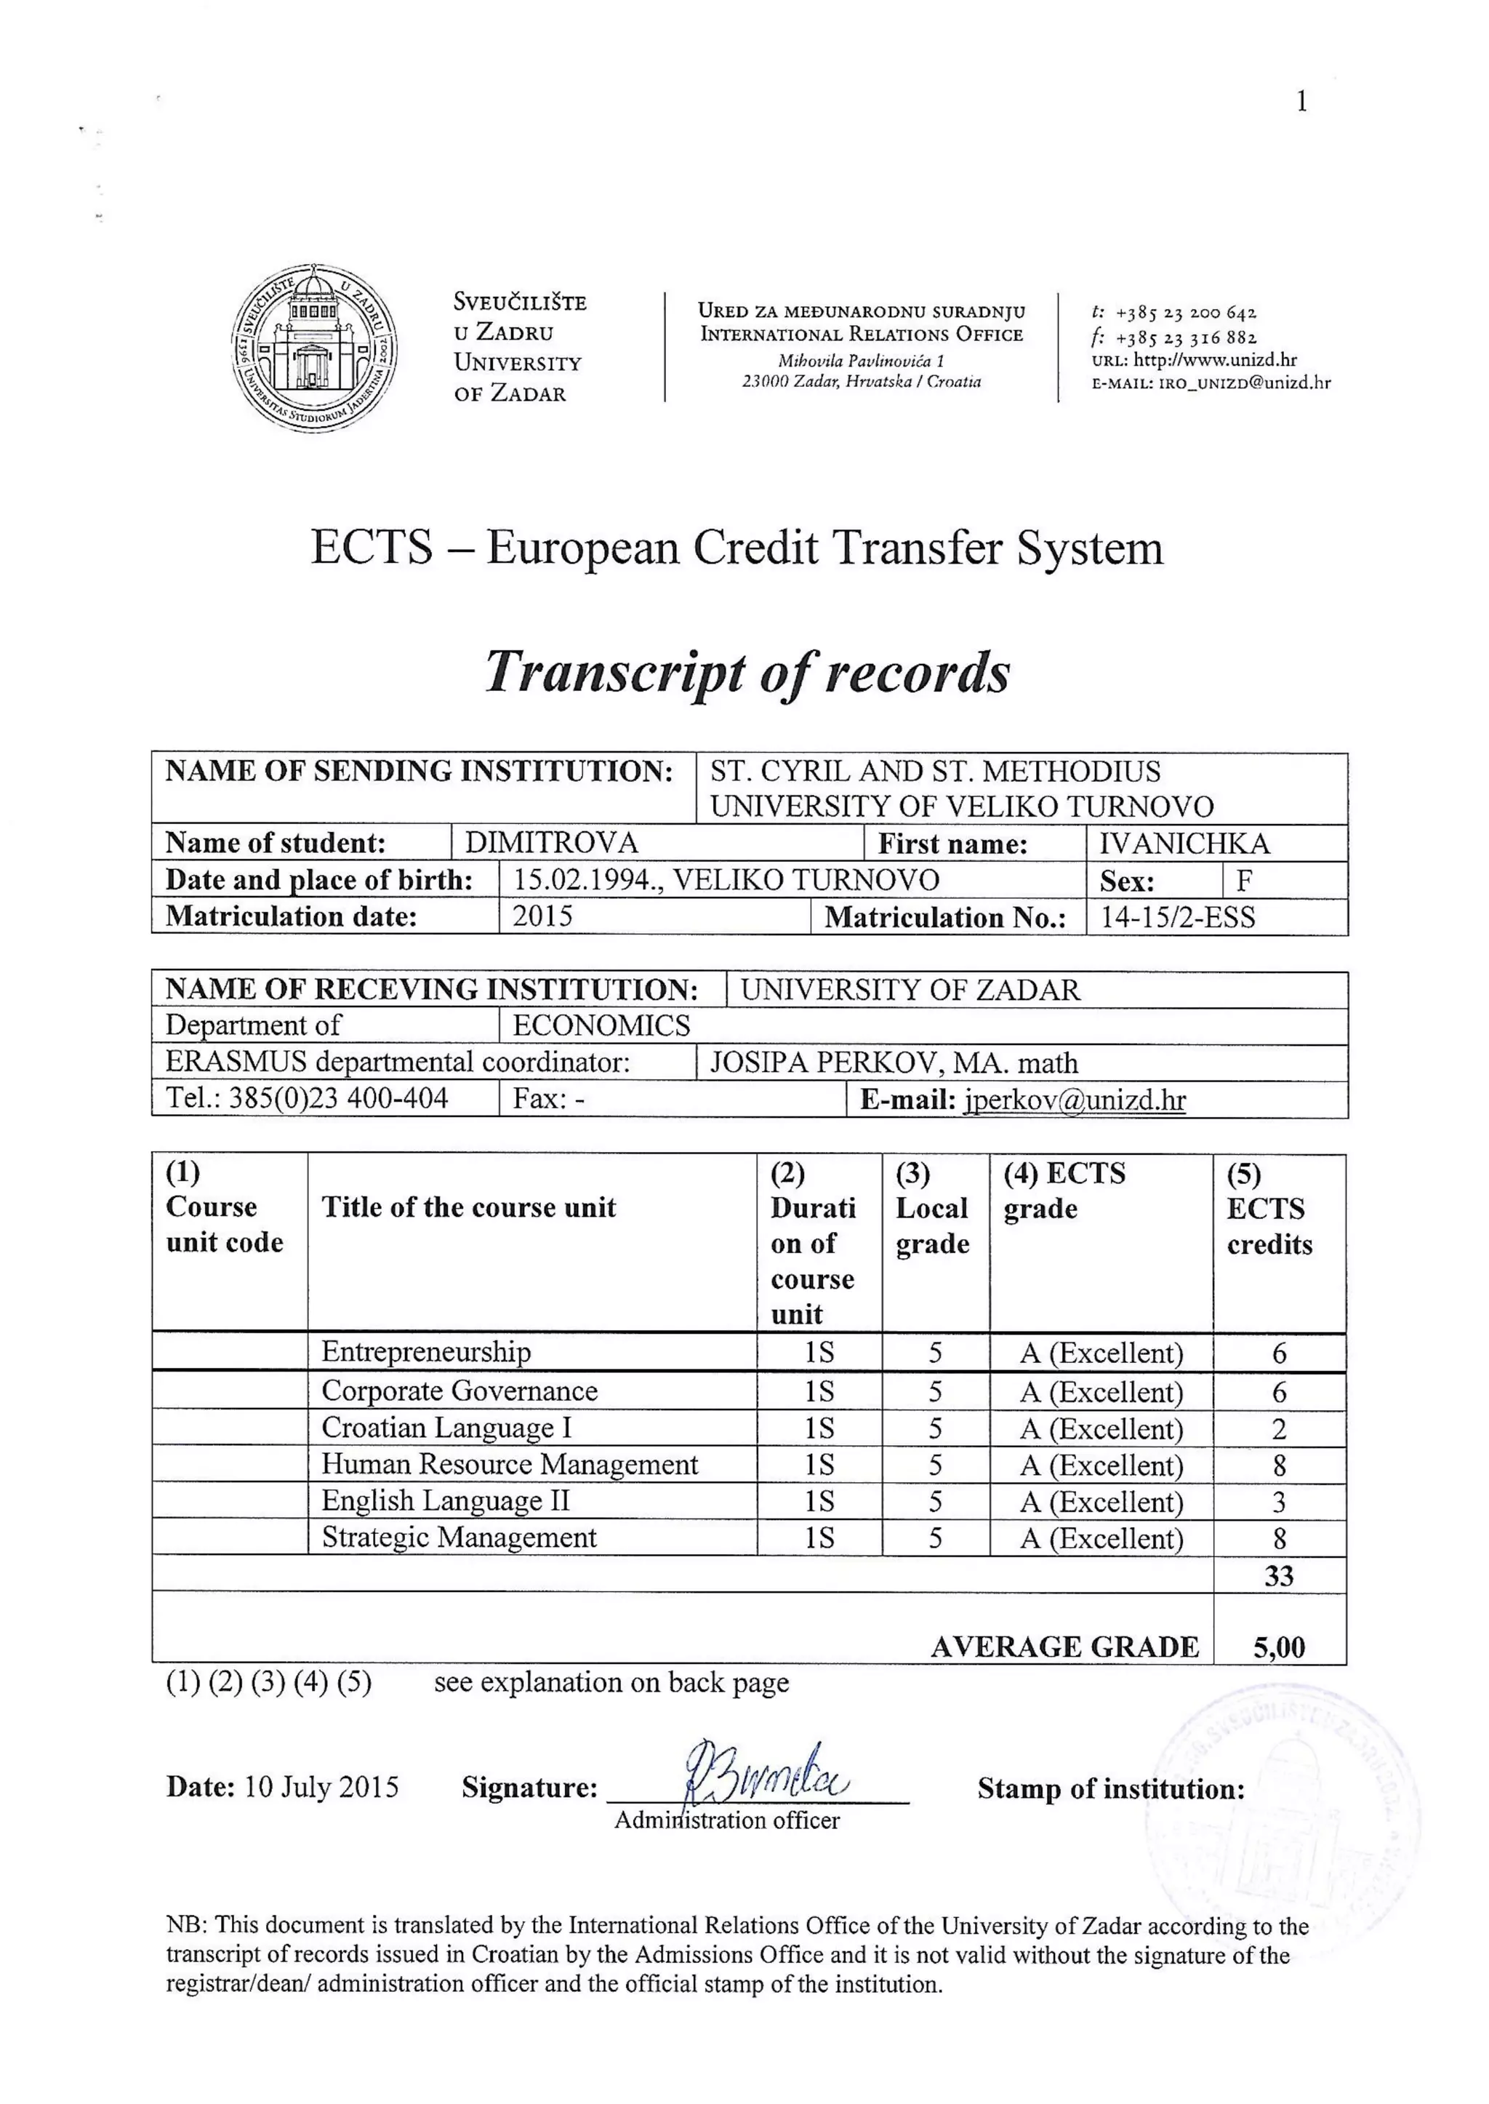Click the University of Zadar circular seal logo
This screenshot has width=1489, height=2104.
pyautogui.click(x=315, y=348)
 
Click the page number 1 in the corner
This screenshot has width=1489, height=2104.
pyautogui.click(x=1301, y=102)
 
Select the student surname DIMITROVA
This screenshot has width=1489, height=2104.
pyautogui.click(x=551, y=843)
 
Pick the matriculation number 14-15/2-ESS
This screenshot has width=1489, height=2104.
pyautogui.click(x=1177, y=917)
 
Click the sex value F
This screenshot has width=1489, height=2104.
pyautogui.click(x=1243, y=881)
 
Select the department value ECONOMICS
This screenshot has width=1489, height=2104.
pyautogui.click(x=601, y=1025)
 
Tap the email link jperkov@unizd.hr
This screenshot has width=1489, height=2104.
pyautogui.click(x=1074, y=1100)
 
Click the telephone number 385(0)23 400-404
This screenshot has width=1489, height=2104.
pyautogui.click(x=337, y=1098)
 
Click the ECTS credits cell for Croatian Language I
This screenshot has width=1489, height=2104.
pyautogui.click(x=1279, y=1429)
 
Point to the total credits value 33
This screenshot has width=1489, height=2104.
pyautogui.click(x=1278, y=1576)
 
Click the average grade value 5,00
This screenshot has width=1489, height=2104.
pyautogui.click(x=1278, y=1647)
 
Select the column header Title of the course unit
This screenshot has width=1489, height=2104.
pyautogui.click(x=468, y=1208)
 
